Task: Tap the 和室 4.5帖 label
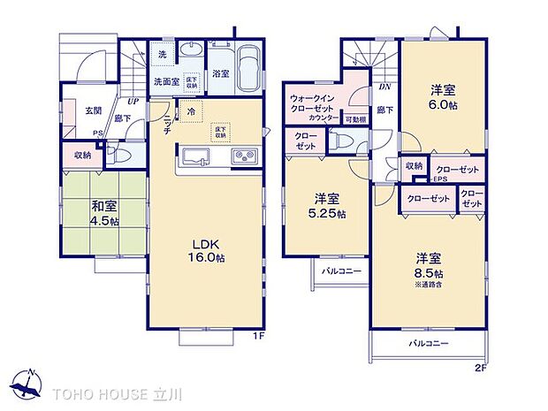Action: (x=103, y=215)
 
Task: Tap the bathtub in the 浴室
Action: (x=249, y=67)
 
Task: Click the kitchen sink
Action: (x=193, y=158)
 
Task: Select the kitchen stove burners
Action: (x=244, y=157)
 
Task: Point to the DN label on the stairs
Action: (x=385, y=88)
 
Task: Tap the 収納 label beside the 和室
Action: (x=82, y=156)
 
